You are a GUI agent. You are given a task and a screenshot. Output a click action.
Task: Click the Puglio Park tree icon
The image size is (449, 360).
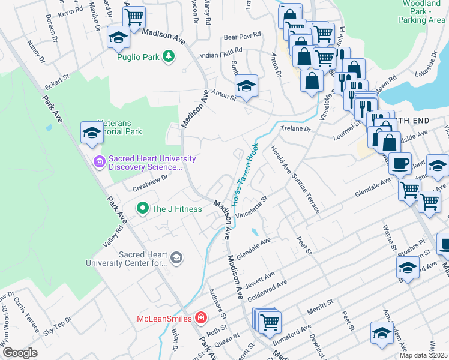click(x=170, y=56)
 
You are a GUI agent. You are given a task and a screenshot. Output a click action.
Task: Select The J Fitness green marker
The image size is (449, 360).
click(x=143, y=209)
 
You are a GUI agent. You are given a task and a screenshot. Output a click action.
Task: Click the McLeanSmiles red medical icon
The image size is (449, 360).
click(x=201, y=317)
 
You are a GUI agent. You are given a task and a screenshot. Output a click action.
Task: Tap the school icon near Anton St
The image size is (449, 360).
click(x=246, y=87)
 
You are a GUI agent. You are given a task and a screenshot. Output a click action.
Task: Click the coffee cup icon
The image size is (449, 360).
click(x=400, y=163)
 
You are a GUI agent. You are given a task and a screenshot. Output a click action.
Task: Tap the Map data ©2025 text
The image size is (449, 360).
click(x=424, y=355)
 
